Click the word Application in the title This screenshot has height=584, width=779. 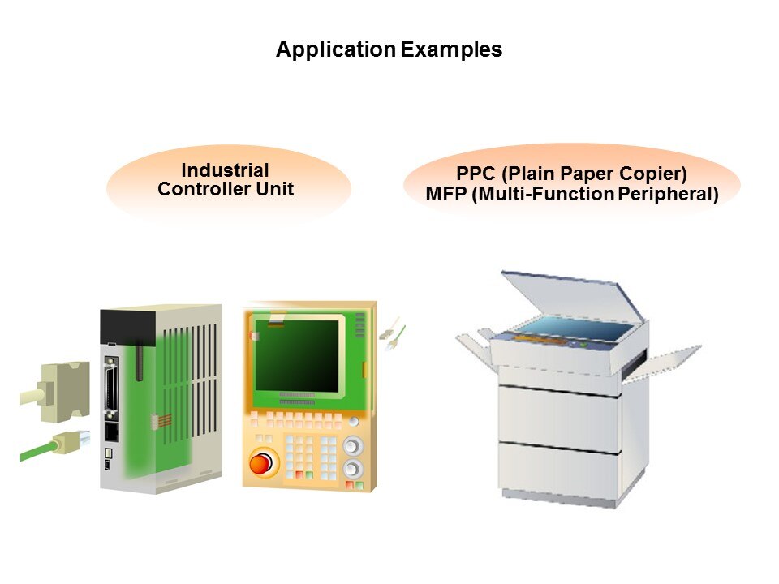coord(336,50)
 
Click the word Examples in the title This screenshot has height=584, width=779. coord(452,50)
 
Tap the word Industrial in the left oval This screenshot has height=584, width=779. coord(225,170)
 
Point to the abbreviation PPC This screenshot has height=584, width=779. coord(476,174)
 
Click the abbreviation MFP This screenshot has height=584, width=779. coord(445,194)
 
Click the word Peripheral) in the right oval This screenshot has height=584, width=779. coord(668,194)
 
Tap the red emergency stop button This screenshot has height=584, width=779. coord(260,463)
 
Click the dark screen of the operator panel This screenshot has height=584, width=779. coord(297,355)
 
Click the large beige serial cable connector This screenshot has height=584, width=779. coord(64,392)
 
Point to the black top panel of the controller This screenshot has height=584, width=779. coord(127,326)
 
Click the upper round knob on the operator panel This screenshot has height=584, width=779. coord(351,445)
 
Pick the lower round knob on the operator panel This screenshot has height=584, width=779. coord(352,468)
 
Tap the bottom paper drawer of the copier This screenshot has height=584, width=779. coord(559,470)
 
